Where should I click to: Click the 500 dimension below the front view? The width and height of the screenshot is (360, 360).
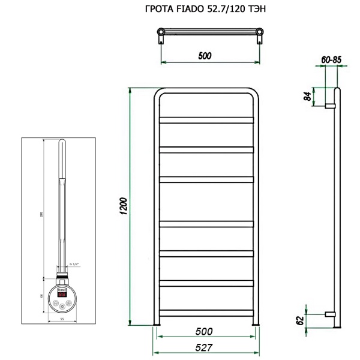(x=206, y=331)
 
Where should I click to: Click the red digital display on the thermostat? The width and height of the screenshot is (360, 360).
(x=62, y=295)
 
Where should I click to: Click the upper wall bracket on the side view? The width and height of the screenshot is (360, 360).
(x=329, y=106)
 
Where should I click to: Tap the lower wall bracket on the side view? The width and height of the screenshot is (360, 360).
(x=329, y=314)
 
